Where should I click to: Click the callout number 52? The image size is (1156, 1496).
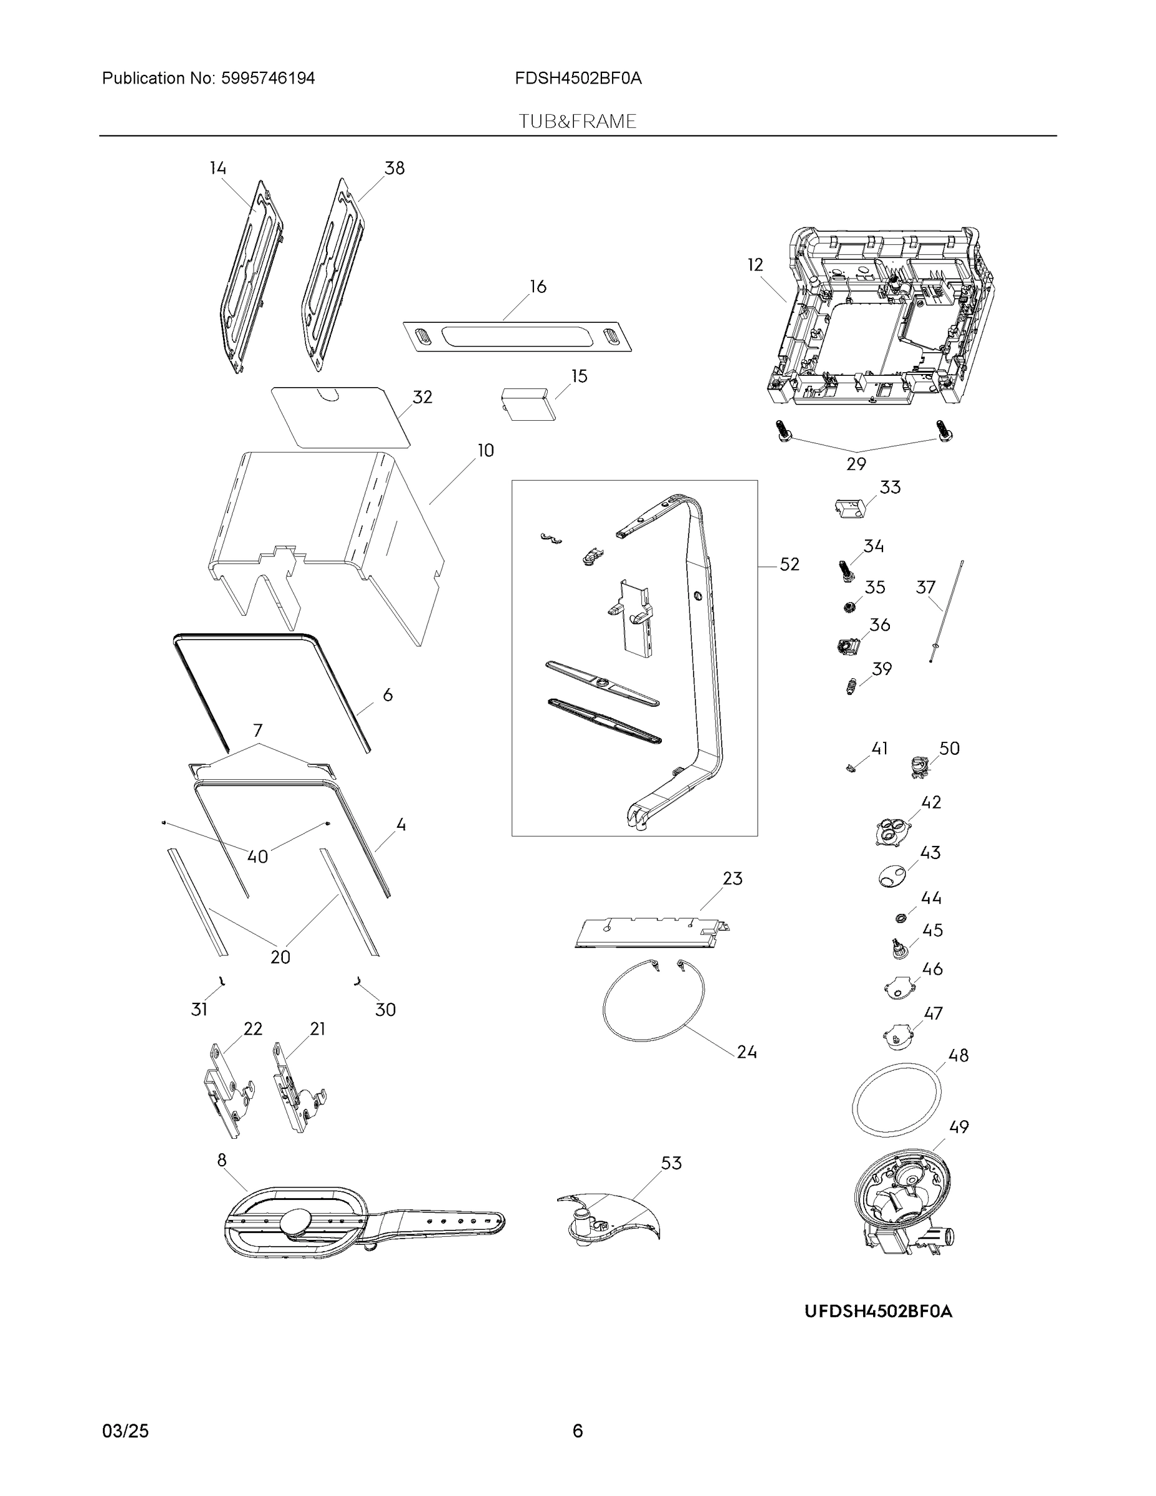(789, 564)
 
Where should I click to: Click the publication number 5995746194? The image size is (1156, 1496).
(268, 79)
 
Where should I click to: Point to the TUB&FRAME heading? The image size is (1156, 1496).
(577, 122)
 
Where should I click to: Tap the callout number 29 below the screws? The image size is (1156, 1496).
(856, 464)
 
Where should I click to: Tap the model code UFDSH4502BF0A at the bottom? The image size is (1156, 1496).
(878, 1311)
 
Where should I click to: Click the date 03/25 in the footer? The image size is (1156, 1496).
(125, 1431)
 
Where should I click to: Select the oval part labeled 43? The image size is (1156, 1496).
(891, 876)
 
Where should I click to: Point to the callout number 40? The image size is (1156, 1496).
(257, 856)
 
